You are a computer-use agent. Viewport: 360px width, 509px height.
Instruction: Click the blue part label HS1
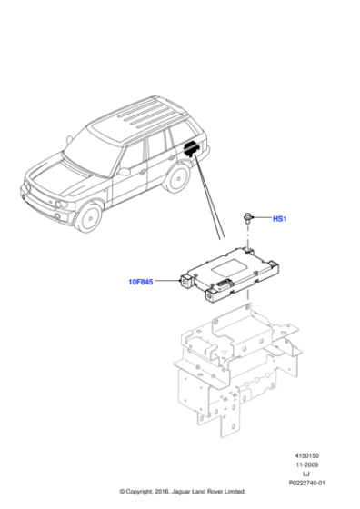(281, 219)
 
